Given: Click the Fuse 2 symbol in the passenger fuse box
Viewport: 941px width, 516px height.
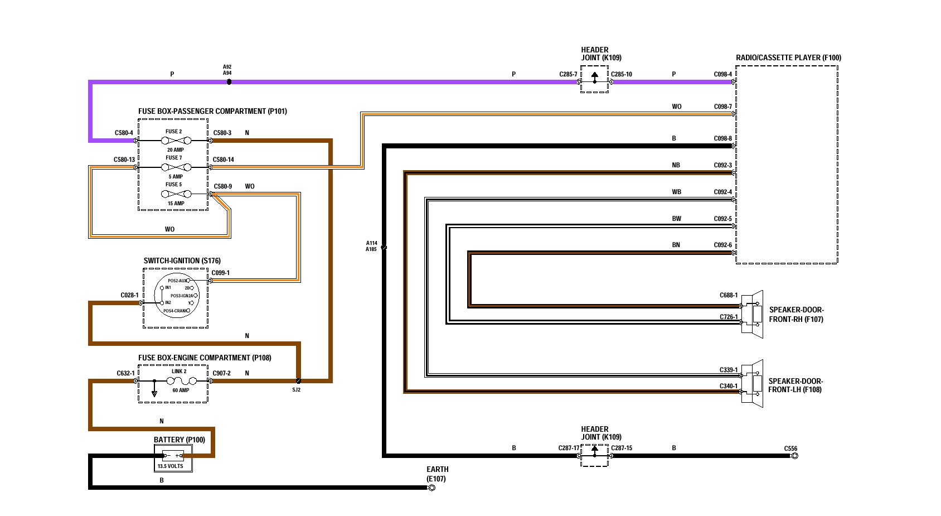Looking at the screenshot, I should pos(174,141).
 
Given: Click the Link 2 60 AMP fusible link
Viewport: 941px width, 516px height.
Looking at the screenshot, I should pos(181,381).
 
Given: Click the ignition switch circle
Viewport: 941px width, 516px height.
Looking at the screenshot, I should pos(176,296).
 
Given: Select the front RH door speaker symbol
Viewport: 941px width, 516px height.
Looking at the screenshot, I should pos(754,314).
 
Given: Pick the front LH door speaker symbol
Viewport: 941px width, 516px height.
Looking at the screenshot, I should pos(754,384).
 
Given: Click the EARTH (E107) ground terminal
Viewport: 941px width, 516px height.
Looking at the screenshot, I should pos(431,488).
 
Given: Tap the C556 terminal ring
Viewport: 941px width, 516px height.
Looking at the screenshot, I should pos(795,456).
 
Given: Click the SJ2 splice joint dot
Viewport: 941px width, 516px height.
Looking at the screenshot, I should pos(299,381).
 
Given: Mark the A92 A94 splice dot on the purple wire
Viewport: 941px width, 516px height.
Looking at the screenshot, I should pos(229,82).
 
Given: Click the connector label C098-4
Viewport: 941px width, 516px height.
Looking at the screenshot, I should pos(722,74).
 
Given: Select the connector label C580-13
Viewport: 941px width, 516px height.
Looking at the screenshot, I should pos(124,160).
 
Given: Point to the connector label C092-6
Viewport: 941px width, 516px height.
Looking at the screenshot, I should pos(722,245).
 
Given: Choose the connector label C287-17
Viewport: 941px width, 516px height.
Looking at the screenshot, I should pos(569,448).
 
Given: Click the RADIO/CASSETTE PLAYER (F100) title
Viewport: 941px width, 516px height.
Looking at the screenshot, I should pos(788,57).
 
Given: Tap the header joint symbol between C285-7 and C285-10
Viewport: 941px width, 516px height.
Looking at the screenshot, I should pos(594,79).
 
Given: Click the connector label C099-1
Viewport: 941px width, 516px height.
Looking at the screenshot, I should pos(220,273).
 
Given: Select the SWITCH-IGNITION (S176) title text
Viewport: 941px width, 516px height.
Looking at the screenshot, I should pos(182,261).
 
